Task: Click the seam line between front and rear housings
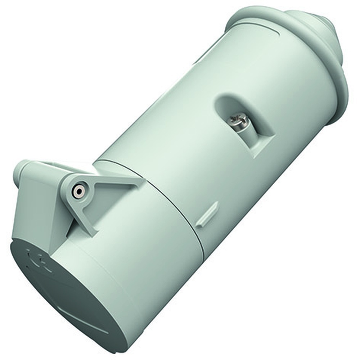(173, 202)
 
